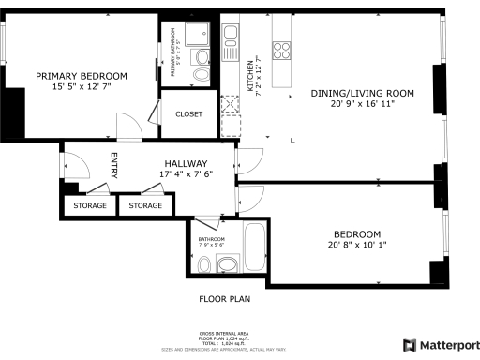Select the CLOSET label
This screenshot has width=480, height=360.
pos(189,114)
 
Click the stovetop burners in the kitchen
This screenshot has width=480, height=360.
pos(282,46)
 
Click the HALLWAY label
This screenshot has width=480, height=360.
pos(185,164)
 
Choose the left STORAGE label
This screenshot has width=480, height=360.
pos(89,205)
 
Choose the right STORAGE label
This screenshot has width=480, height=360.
pos(145,205)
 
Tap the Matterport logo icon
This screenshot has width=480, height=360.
pos(408,344)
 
